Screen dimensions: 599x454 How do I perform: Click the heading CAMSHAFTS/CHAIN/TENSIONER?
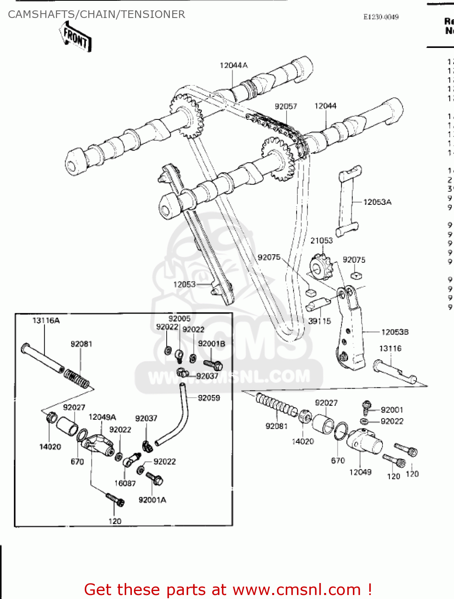click(96, 14)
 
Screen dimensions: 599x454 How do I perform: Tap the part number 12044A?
click(233, 65)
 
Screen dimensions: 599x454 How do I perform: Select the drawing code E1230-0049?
click(380, 17)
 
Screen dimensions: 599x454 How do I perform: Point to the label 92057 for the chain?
click(286, 106)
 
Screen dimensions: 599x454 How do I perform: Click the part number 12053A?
click(377, 202)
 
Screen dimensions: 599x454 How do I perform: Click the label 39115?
click(319, 321)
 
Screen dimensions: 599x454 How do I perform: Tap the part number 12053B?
click(395, 332)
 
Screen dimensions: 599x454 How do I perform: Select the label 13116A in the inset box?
click(46, 320)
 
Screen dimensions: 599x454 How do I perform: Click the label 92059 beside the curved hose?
click(209, 398)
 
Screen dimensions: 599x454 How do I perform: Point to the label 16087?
click(125, 483)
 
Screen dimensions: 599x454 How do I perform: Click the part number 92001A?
click(152, 500)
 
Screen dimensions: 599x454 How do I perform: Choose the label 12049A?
click(102, 417)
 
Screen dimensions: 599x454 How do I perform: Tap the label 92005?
click(179, 318)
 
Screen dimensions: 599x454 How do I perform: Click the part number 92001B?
click(211, 343)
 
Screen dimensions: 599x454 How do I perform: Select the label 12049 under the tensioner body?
click(360, 472)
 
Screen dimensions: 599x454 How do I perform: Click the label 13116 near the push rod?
click(390, 348)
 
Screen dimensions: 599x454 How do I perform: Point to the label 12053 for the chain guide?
click(184, 284)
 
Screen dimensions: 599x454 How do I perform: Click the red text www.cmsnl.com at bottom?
click(297, 589)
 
